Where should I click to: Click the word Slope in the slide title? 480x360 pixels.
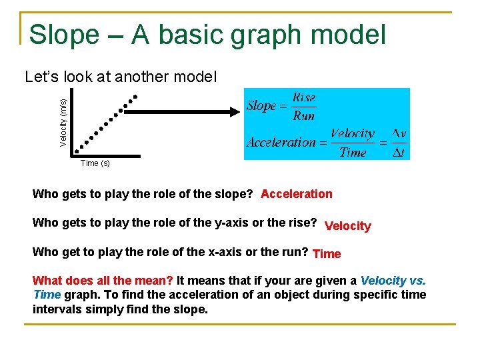(x=64, y=35)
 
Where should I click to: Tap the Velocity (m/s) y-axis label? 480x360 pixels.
(x=63, y=122)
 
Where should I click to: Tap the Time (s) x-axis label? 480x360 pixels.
(x=95, y=163)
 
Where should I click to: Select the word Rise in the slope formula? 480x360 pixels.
(x=304, y=97)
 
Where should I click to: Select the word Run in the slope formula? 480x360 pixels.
(x=304, y=115)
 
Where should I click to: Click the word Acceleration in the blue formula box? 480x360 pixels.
(x=281, y=142)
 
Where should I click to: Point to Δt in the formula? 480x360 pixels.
(x=399, y=152)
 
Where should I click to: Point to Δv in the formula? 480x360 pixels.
(x=399, y=134)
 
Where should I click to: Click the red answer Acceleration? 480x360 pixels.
(x=296, y=194)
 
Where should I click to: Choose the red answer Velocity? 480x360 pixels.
(x=347, y=226)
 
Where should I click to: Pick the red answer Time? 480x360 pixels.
(x=327, y=254)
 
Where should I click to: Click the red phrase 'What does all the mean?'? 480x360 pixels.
(x=103, y=281)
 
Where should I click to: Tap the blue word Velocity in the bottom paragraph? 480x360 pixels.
(x=383, y=281)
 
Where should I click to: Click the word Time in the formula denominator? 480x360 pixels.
(x=353, y=153)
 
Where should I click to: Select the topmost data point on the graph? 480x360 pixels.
(x=135, y=97)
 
